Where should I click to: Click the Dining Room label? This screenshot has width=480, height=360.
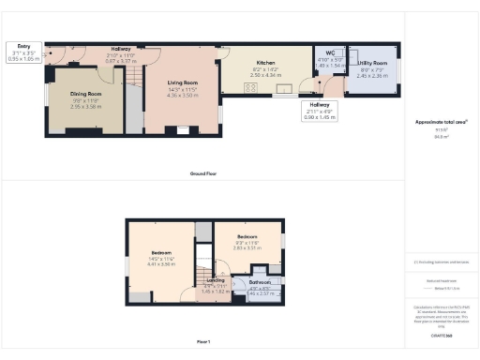84,94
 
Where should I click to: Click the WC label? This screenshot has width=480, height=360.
330,52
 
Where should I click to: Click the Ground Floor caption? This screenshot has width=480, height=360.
203,174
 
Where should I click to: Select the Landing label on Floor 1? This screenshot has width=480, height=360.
215,279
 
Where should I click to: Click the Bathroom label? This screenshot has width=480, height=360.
260,281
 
